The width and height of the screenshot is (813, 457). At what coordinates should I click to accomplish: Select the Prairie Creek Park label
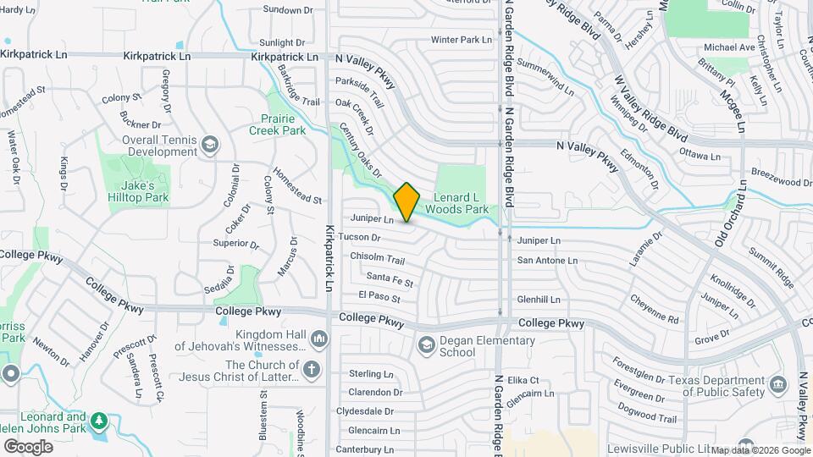click(x=277, y=125)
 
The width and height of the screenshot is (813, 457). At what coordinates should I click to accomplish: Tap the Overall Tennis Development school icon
click(x=208, y=146)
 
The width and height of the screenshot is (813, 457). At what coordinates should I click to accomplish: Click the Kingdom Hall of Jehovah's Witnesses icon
click(x=319, y=339)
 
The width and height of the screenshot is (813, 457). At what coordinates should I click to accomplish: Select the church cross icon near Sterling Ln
click(x=312, y=369)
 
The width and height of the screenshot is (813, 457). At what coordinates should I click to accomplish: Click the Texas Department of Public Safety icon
click(x=777, y=385)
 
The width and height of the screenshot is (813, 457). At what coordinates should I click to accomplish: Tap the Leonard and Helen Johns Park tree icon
click(x=99, y=421)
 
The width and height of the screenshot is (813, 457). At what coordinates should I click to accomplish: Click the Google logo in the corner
click(x=28, y=446)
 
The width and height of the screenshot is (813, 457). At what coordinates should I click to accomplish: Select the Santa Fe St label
click(x=390, y=279)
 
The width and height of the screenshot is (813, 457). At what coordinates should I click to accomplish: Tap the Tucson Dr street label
click(x=359, y=237)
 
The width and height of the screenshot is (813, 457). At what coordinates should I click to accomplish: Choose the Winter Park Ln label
click(x=461, y=40)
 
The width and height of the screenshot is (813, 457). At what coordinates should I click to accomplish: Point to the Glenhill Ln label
click(x=539, y=299)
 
